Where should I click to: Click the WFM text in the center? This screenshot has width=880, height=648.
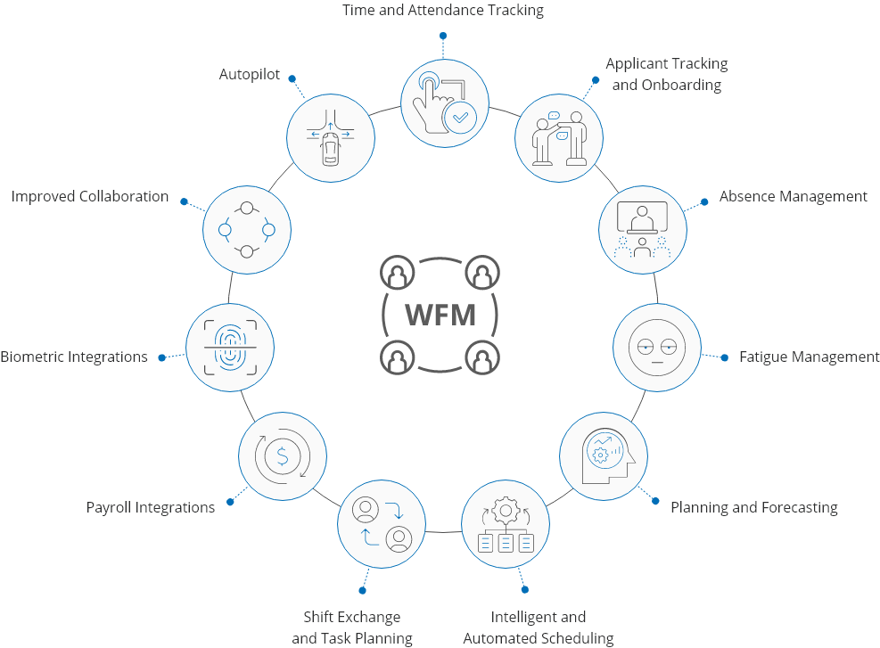440,315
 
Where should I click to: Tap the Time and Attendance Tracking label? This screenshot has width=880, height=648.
443,11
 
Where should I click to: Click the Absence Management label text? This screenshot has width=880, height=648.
793,196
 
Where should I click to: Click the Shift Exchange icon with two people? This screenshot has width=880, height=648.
382,524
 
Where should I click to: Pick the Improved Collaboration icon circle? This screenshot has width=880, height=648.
247,229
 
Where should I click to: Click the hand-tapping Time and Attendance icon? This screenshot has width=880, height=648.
444,101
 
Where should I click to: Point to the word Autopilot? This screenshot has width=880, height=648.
250,75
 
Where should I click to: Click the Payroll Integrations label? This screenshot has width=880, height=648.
151,507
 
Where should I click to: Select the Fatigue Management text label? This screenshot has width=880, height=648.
809,357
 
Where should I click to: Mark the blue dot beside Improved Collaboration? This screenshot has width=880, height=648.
184,201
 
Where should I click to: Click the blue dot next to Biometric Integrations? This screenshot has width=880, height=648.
161,357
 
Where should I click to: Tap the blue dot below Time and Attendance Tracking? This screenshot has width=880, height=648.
443,37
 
